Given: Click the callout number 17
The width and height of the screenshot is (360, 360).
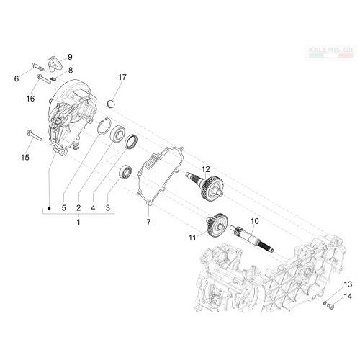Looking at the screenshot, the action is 122,77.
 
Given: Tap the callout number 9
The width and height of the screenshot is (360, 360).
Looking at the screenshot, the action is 70,57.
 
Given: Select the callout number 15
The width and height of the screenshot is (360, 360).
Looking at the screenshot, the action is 25,158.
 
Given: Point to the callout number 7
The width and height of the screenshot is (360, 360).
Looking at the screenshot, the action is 148,222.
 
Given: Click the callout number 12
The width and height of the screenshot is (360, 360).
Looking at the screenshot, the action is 206,169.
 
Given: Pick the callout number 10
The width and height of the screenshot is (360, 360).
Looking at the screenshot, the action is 255,221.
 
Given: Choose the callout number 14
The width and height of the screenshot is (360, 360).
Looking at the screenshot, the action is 348,297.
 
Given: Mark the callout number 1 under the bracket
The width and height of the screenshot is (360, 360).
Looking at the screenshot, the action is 78,222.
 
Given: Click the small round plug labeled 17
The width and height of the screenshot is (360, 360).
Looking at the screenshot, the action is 111,104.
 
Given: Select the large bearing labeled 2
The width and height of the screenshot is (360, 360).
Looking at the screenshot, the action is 117,134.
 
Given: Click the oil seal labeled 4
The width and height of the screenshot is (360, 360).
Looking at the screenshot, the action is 131,142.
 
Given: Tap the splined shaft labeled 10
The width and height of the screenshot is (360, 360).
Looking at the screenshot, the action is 251,238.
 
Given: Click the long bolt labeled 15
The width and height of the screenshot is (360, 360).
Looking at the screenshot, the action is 34,135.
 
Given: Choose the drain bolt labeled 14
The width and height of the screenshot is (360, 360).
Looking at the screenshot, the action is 330,306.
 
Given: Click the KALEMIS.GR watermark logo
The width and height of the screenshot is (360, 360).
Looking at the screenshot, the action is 330,53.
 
